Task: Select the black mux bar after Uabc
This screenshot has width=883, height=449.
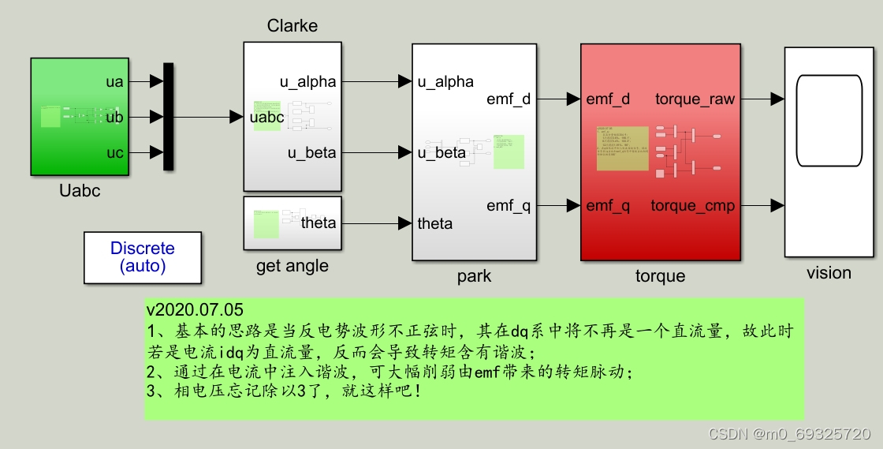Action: (168, 117)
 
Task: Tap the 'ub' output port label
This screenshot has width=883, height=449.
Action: (115, 117)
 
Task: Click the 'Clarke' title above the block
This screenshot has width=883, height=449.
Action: (292, 26)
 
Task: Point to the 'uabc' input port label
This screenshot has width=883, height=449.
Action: (266, 117)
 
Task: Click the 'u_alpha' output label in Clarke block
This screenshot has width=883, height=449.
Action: (307, 81)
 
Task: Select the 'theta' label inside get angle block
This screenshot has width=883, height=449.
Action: (319, 223)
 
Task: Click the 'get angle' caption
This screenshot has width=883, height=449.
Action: (292, 267)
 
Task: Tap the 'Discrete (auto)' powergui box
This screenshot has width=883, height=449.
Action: (143, 257)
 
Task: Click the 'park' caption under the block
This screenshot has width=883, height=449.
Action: (474, 276)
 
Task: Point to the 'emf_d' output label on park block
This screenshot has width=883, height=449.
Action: (509, 99)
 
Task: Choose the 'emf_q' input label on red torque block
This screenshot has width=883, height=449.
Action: (608, 206)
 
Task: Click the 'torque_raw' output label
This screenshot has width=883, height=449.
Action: (695, 99)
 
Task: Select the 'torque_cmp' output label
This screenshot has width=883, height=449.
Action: (692, 206)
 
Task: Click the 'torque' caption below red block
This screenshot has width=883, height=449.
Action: (660, 276)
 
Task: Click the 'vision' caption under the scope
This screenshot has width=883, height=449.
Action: (829, 273)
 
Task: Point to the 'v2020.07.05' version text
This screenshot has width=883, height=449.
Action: (195, 309)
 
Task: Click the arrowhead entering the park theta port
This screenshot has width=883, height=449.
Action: (405, 223)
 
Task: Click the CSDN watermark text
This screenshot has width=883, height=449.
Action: (789, 434)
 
